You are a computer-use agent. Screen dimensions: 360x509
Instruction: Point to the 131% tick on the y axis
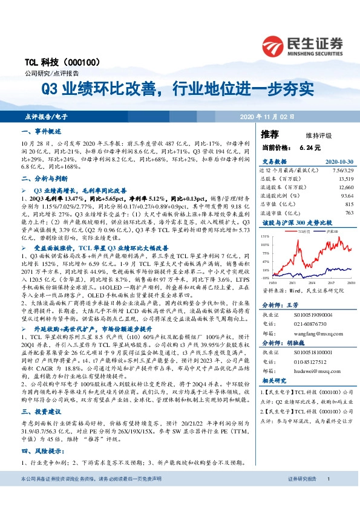(x=265, y=236)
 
